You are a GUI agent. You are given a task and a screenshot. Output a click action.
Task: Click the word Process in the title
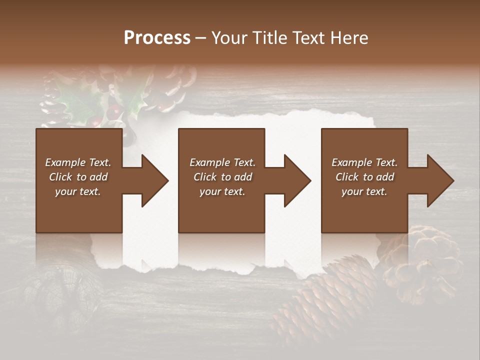tap(157, 38)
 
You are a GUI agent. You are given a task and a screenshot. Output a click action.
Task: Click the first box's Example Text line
tap(78, 162)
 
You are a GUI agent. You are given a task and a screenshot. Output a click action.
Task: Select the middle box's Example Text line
tap(222, 162)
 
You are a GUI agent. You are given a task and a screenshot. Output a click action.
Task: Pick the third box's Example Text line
tap(364, 162)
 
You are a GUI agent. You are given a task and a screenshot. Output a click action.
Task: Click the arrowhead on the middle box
tap(297, 180)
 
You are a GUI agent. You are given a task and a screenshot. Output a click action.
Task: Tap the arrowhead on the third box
tap(440, 180)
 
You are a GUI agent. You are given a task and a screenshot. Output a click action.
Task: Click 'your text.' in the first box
tap(78, 191)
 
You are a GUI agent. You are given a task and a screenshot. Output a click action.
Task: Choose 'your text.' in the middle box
tap(222, 191)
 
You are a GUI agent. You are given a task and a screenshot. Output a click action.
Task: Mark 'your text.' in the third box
tap(364, 191)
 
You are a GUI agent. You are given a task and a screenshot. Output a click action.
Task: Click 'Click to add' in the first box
tap(78, 177)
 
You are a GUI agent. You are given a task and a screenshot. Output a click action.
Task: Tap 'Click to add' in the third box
tap(364, 177)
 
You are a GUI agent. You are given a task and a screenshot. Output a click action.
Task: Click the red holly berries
tap(114, 111)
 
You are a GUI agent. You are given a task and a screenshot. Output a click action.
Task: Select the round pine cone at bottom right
tap(422, 260)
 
